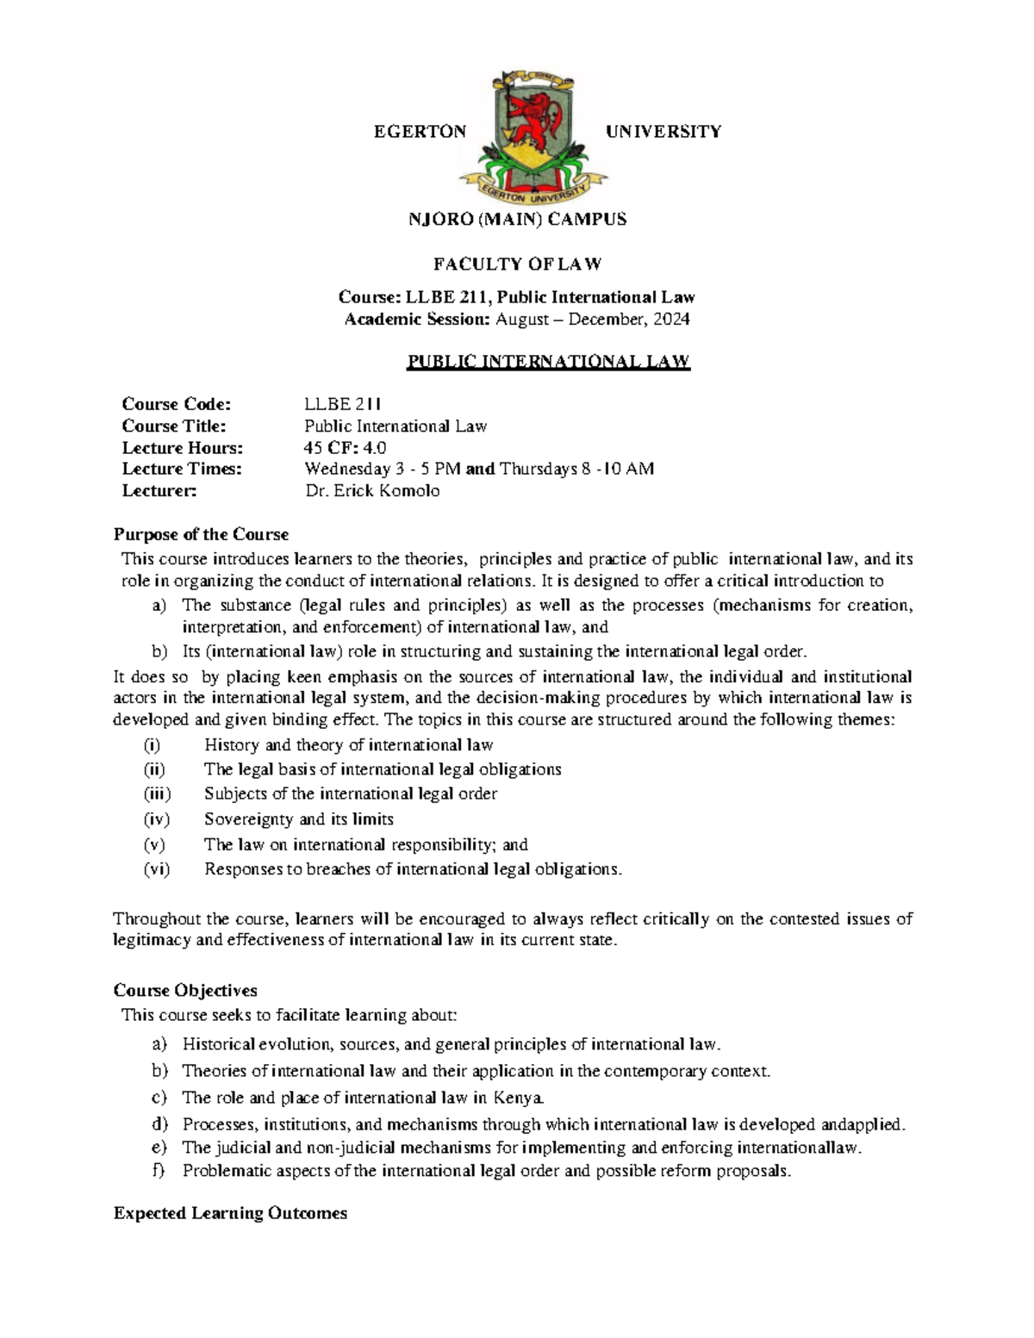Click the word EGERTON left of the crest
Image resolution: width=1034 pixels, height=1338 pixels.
click(419, 132)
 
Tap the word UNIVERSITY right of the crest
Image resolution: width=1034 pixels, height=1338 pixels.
click(663, 132)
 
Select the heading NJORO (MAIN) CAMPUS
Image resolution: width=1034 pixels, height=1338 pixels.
click(517, 220)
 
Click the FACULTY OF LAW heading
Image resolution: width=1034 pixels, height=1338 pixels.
click(517, 264)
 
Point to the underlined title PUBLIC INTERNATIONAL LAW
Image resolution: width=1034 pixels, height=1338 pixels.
click(548, 361)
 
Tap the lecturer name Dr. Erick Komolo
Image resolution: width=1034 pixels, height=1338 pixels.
click(372, 491)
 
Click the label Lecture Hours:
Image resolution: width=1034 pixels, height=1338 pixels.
click(183, 448)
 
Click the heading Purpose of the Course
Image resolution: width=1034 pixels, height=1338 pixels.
click(201, 534)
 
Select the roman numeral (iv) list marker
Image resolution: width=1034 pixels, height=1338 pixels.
click(157, 819)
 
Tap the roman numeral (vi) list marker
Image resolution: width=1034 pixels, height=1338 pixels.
click(157, 869)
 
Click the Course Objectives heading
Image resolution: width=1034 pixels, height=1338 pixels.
click(185, 991)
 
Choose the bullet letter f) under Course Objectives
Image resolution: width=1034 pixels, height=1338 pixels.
click(158, 1171)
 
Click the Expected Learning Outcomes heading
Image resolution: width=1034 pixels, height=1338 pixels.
click(230, 1213)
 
